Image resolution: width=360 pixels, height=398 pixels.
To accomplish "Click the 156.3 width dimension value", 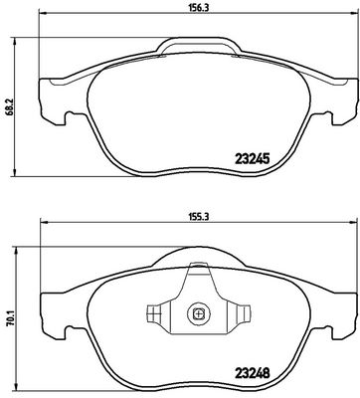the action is [x=198, y=8].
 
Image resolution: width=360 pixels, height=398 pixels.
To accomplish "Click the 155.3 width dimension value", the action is [x=199, y=217].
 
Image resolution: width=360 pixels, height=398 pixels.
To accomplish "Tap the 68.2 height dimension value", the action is [x=10, y=106].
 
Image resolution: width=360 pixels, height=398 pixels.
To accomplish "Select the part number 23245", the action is [x=252, y=159].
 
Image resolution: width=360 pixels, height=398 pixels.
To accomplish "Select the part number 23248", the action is [x=253, y=373].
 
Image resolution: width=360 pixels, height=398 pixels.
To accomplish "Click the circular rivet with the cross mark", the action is [x=198, y=313].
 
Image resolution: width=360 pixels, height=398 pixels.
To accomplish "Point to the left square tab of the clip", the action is [x=154, y=313].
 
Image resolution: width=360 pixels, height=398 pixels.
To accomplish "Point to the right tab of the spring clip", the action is [x=244, y=313].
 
